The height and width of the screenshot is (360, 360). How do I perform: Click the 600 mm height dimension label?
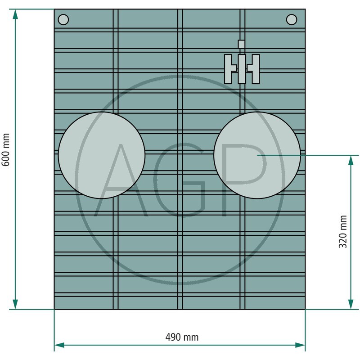pos(5,150)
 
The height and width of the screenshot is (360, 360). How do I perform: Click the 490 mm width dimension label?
pos(182,337)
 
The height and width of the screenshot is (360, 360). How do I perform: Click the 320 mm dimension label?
pos(343,231)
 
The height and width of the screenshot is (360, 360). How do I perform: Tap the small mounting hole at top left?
pos(63,19)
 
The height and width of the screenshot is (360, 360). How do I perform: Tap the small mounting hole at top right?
pos(292,19)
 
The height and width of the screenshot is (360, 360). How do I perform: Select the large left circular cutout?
pos(102,155)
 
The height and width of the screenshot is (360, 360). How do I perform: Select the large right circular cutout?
pos(257,155)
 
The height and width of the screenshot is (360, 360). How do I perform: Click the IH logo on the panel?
pos(242,69)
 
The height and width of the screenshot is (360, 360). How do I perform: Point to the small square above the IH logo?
pos(241,44)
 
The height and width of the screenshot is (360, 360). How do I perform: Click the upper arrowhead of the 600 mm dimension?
pos(15,14)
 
